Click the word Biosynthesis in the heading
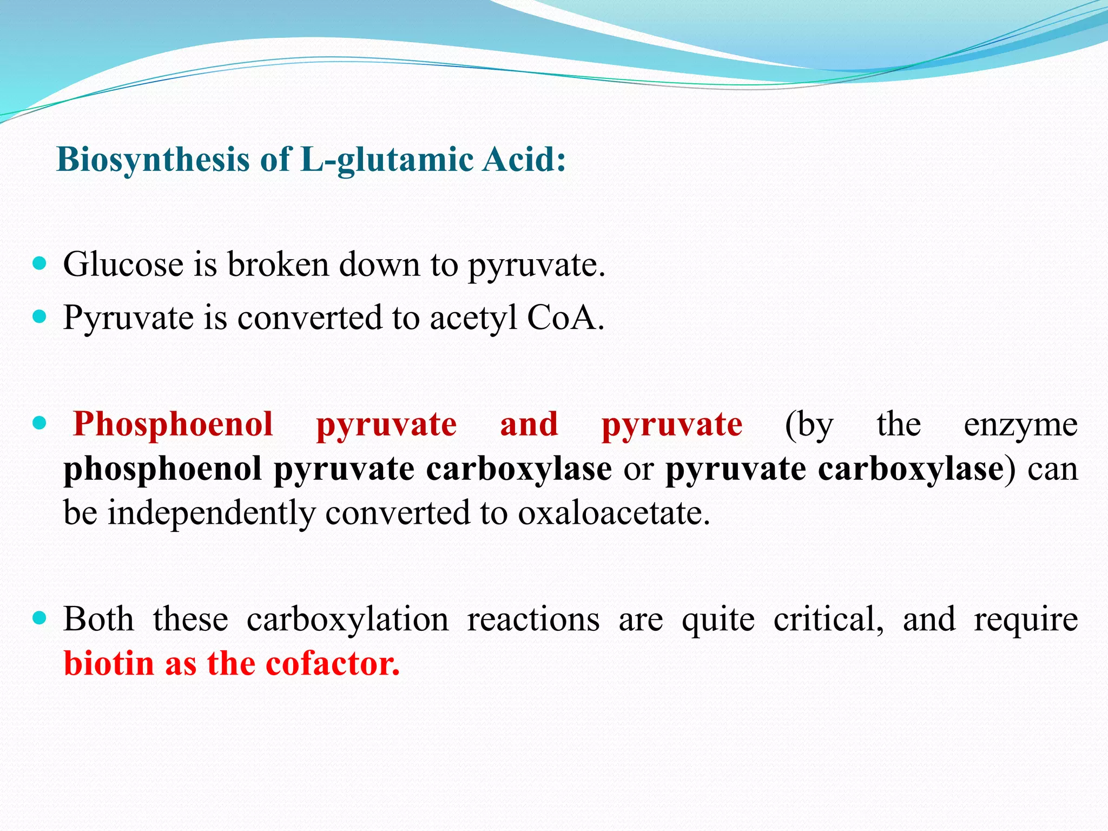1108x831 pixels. coord(153,161)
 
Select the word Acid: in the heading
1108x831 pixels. coord(524,161)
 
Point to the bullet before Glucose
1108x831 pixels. coord(39,264)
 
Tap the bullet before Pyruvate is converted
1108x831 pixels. coord(39,316)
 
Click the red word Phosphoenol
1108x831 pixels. coord(173,425)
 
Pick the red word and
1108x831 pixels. coord(529,424)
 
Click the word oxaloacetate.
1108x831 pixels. coord(614,513)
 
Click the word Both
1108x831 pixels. coord(98,619)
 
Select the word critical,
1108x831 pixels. coord(828,619)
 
